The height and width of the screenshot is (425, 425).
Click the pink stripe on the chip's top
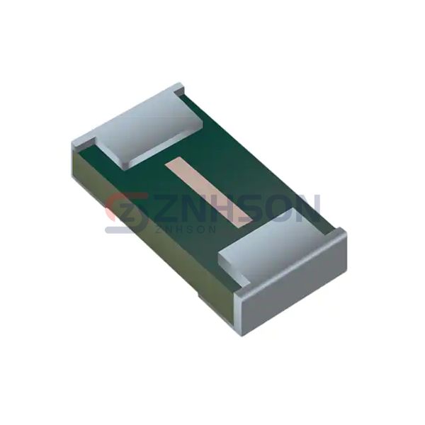(209, 192)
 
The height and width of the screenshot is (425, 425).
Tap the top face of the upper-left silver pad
(149, 125)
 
